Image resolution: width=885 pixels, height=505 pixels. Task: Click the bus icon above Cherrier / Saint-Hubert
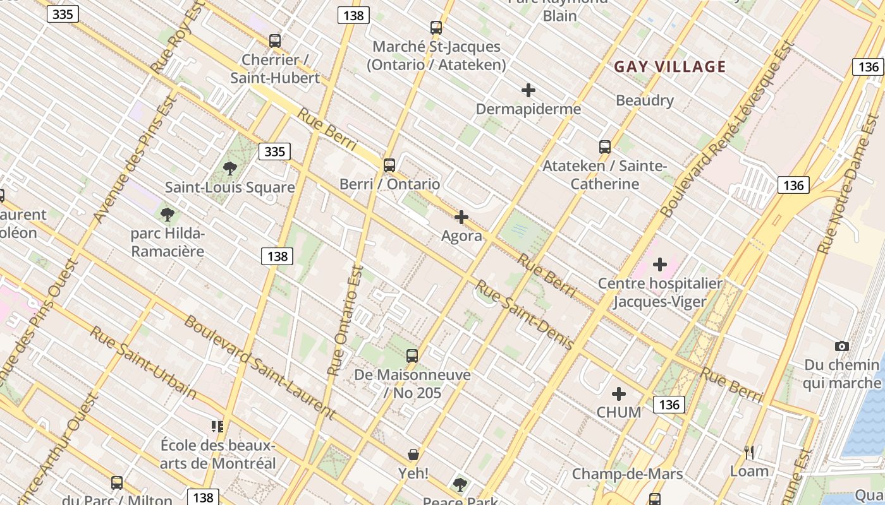pos(274,41)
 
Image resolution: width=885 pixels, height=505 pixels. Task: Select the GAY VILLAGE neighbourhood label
pos(670,66)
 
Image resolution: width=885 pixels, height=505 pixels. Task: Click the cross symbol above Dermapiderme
pos(528,90)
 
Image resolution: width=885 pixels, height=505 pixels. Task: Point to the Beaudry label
pos(645,100)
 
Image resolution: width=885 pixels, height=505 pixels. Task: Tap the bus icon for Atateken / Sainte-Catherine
pos(605,147)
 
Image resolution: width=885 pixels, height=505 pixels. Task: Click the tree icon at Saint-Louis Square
pos(230,169)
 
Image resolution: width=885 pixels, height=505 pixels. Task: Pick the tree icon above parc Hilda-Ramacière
pos(168,215)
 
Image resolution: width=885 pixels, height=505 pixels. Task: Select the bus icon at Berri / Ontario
pos(389,165)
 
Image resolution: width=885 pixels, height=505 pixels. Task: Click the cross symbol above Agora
pos(461,217)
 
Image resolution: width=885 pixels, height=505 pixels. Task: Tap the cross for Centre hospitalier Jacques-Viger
pos(660,264)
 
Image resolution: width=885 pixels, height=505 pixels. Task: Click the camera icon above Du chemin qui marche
pos(841,346)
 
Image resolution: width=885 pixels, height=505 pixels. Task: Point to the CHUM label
pos(619,412)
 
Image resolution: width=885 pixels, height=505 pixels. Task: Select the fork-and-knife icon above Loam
pos(749,452)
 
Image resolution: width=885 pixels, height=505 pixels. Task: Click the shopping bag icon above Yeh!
pos(413,454)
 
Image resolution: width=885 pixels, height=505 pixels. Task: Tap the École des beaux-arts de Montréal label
pos(218,454)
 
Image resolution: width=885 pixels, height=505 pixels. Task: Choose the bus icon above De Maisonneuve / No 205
pos(412,355)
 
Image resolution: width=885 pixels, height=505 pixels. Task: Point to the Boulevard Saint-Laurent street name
pos(259,367)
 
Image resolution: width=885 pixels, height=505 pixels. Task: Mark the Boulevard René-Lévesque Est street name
pos(728,129)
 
